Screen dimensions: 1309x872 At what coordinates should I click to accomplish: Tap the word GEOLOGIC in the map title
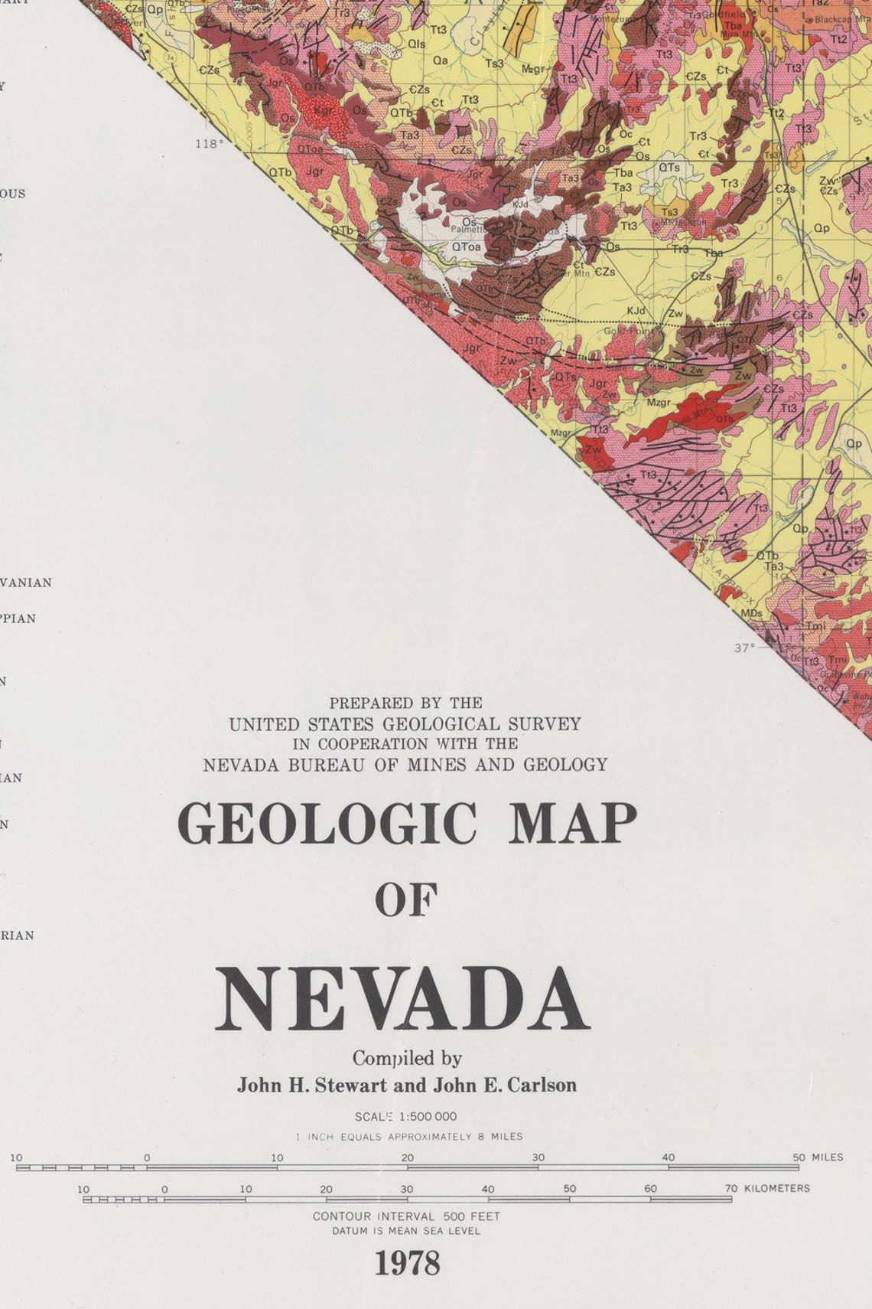click(327, 824)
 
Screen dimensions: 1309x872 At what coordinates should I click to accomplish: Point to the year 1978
click(407, 1264)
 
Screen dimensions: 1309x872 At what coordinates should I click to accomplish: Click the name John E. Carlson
click(505, 1085)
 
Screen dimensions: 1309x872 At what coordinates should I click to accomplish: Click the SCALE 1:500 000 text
click(405, 1117)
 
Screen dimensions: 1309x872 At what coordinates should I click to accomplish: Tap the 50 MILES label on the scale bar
click(818, 1157)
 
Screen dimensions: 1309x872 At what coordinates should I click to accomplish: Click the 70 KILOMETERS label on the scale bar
click(767, 1189)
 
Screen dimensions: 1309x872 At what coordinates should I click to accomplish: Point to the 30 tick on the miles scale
click(538, 1158)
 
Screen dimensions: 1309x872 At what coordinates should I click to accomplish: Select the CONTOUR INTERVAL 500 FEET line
click(406, 1216)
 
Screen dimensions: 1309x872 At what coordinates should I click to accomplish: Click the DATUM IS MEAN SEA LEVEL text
click(406, 1232)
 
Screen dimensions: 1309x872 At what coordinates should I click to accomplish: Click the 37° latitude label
click(744, 648)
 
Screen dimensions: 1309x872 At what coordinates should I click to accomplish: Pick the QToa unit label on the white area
click(466, 246)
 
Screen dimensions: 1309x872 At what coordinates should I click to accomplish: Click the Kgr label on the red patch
click(324, 110)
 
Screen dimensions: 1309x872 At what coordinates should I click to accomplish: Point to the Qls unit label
click(416, 44)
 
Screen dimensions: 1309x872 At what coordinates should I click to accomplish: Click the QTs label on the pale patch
click(669, 168)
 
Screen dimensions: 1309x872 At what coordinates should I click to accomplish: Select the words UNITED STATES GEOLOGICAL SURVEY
click(405, 723)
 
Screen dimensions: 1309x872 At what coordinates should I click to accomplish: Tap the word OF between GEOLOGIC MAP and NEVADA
click(406, 901)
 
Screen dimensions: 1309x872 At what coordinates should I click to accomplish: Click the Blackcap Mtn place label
click(841, 19)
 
